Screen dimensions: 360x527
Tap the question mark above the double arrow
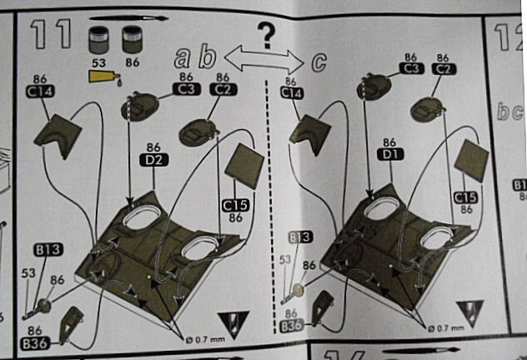click(266, 35)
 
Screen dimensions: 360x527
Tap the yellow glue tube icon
click(103, 77)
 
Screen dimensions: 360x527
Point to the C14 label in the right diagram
click(291, 95)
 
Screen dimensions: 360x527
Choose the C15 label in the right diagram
click(467, 197)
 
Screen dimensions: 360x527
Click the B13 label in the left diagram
click(49, 249)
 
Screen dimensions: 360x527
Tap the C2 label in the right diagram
click(444, 70)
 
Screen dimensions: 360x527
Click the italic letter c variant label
click(317, 60)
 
